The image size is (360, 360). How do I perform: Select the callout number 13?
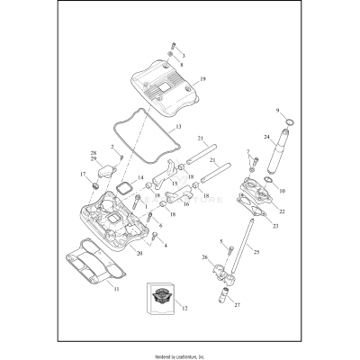pyautogui.click(x=179, y=127)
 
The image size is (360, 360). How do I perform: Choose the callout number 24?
pyautogui.click(x=267, y=137)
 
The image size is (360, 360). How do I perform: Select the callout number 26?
pyautogui.click(x=204, y=258)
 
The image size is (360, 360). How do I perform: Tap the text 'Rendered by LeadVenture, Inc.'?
pyautogui.click(x=180, y=355)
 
